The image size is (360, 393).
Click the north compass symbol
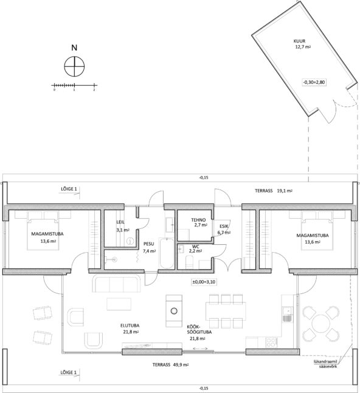point(74,66)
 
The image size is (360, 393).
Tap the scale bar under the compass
point(74,86)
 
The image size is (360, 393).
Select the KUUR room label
point(300,41)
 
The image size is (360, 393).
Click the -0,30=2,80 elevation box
point(314,82)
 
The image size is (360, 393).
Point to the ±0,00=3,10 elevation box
point(204,282)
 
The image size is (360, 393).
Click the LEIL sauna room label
point(120,222)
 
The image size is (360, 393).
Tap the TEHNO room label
point(198,220)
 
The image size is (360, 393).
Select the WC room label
point(195,247)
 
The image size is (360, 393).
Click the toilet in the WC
point(189,261)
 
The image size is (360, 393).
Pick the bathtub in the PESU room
point(167,253)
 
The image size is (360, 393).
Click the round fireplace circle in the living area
point(173,311)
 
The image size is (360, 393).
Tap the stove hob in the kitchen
point(271,343)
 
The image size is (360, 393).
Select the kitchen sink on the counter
point(287,311)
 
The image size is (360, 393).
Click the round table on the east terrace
point(321,323)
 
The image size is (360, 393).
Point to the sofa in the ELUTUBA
point(117,283)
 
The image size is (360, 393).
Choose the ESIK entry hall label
point(224,226)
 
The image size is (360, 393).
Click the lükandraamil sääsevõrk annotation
point(326,364)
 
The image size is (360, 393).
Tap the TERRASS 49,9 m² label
point(170,364)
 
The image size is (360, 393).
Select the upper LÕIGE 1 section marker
point(69,189)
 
